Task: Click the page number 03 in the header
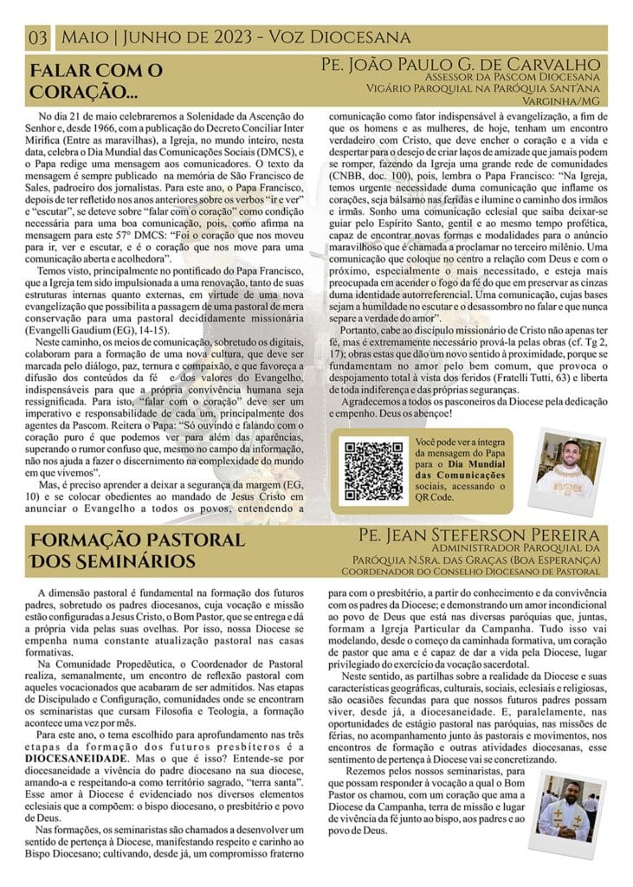pos(38,37)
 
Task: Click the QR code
pos(373,470)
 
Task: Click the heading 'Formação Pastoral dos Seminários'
pos(126,550)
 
